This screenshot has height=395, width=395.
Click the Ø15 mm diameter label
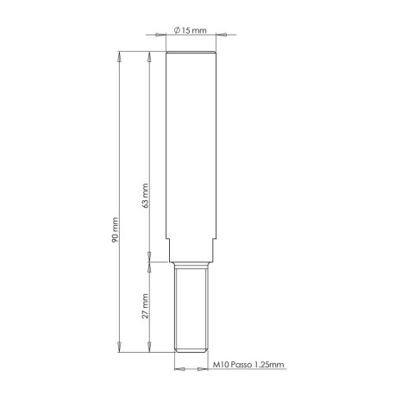[189, 30]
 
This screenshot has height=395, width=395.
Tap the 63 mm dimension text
[147, 197]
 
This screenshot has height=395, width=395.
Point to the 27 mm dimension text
[147, 304]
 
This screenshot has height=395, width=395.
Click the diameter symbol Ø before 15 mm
[177, 30]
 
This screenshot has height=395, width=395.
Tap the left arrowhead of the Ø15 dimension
[160, 35]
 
